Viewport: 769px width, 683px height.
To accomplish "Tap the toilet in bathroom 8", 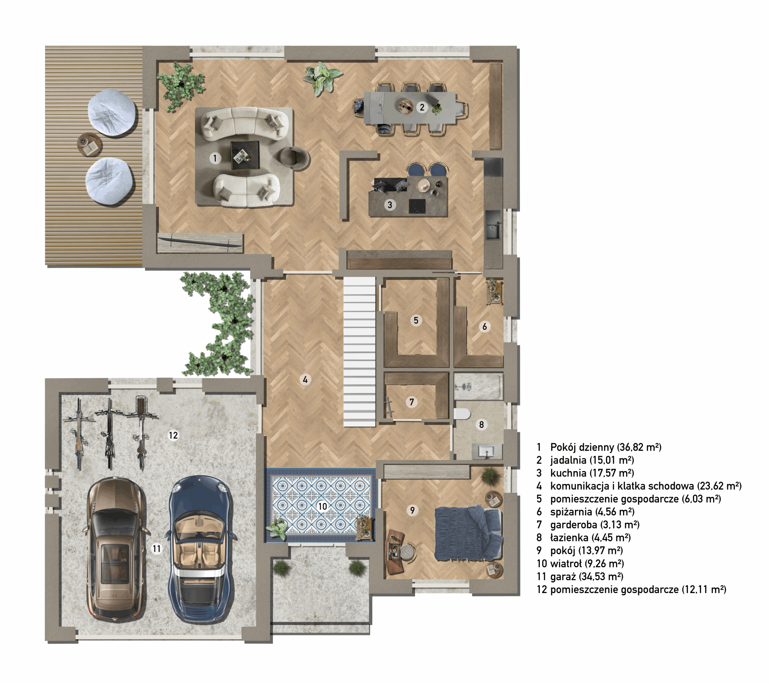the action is point(462,414).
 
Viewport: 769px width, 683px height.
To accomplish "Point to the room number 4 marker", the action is point(305,380).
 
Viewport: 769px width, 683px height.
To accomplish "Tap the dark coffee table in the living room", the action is point(245,155).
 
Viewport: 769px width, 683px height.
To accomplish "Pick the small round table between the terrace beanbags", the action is point(90,144).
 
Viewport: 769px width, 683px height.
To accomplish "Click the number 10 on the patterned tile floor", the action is point(322,506).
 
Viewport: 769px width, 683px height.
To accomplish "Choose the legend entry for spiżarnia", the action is point(585,512).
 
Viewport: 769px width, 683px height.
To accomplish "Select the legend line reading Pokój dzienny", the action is point(599,447).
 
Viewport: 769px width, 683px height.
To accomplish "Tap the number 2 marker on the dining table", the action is point(422,107).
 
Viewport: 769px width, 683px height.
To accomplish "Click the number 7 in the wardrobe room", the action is point(412,402).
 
